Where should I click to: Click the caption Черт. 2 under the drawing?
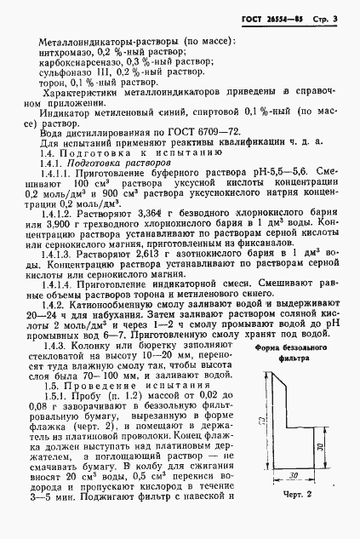click(x=294, y=516)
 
